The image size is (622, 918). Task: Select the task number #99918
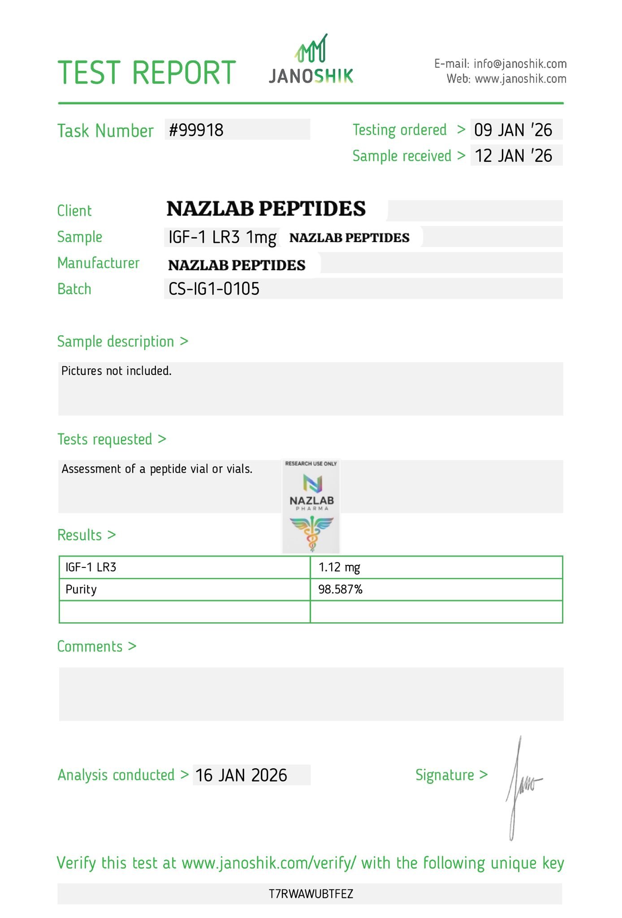coord(196,130)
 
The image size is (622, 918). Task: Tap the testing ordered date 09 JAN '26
coord(513,130)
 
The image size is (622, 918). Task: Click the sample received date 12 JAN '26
coord(513,156)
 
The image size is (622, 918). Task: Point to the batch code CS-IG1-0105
coord(214,289)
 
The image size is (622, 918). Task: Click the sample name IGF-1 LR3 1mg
coord(222,237)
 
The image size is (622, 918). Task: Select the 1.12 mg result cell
coord(339,567)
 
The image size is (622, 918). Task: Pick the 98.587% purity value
coord(340,589)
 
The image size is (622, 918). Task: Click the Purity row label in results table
coord(81,589)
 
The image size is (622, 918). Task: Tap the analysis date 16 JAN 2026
coord(241,775)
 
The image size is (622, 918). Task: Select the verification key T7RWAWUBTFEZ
coord(311,894)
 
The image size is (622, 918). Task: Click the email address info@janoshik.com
coord(520,64)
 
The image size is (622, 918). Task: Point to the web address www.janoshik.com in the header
coord(520,79)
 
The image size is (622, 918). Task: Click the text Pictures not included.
coord(117,371)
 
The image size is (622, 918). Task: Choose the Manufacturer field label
coord(99,263)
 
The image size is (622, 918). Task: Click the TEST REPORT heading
coord(147,73)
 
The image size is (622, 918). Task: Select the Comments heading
coord(90,646)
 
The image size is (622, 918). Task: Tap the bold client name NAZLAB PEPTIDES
coord(266,209)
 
